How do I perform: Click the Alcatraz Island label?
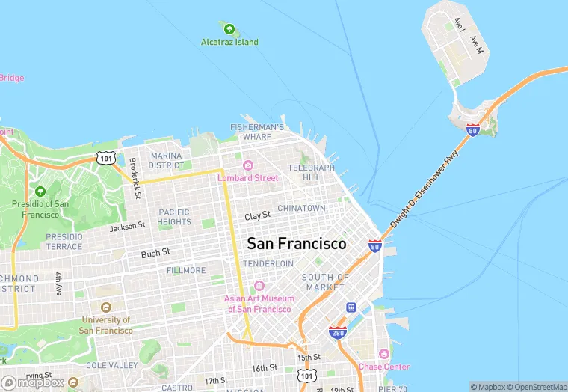(229, 42)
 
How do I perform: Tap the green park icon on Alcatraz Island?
(228, 29)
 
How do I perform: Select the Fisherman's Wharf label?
(258, 132)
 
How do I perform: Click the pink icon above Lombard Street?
(247, 165)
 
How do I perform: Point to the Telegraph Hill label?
(311, 172)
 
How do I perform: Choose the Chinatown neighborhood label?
(301, 208)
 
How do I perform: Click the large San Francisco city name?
(297, 244)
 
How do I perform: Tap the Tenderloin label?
(268, 264)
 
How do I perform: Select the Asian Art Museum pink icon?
(259, 286)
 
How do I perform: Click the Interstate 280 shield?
(337, 331)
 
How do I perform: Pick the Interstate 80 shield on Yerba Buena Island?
(472, 130)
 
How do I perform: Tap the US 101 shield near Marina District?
(105, 158)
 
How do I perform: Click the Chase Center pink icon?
(383, 354)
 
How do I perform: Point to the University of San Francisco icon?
(105, 307)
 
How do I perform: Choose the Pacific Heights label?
(174, 217)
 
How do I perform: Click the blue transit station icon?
(350, 307)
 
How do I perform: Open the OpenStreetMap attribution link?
(535, 387)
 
